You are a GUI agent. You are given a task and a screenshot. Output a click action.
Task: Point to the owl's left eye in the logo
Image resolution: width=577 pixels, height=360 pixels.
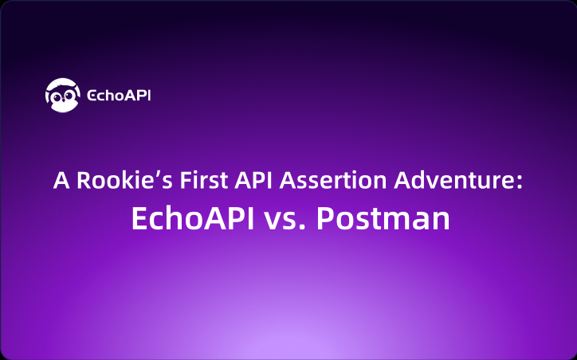pos(56,98)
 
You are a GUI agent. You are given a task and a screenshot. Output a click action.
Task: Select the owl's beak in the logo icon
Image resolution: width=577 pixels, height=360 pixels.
pos(62,101)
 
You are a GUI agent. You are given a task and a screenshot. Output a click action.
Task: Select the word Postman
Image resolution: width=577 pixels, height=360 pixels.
pos(383,219)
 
